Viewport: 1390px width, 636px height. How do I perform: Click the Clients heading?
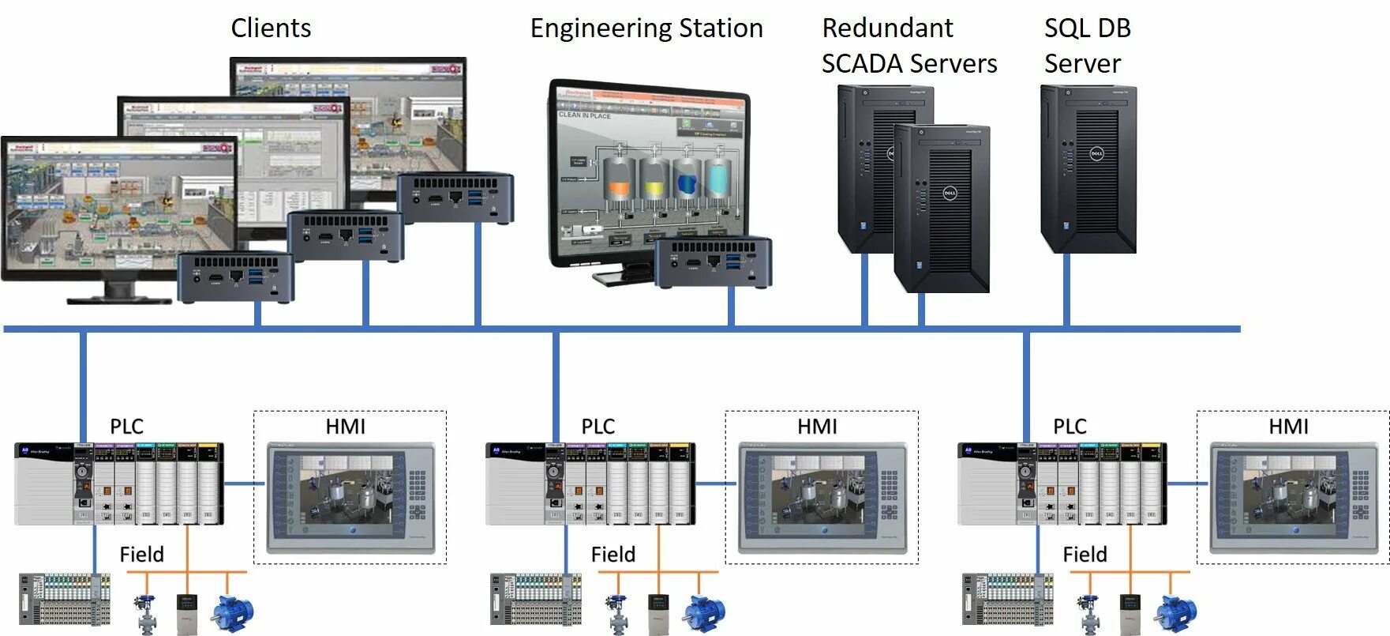click(x=271, y=28)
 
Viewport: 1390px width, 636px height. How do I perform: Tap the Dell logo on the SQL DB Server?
click(x=1096, y=153)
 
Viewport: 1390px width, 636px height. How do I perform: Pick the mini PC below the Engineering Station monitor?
click(x=713, y=262)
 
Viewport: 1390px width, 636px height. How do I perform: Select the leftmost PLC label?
click(x=126, y=427)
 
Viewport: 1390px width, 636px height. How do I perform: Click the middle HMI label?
click(x=817, y=427)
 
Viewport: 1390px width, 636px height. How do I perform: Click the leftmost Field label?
click(x=142, y=555)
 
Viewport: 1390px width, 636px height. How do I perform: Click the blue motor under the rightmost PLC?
click(x=1176, y=612)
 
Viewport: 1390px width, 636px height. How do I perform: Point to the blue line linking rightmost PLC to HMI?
click(x=1187, y=484)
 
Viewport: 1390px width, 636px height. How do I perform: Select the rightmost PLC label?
click(x=1070, y=427)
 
